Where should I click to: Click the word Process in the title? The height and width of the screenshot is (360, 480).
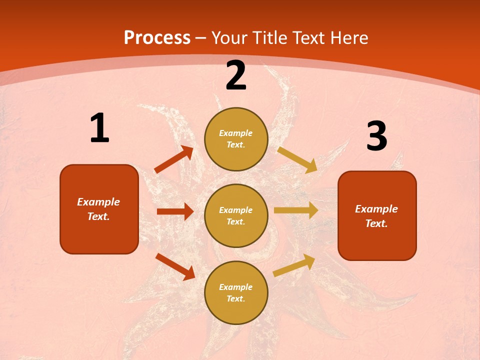157,38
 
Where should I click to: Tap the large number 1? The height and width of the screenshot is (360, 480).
99,128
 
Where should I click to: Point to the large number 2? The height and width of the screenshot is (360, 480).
236,75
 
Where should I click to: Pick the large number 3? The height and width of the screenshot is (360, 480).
376,136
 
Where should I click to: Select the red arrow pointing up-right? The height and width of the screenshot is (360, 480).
174,159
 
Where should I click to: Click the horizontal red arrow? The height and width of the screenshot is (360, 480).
175,211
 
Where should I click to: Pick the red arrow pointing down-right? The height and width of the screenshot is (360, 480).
175,266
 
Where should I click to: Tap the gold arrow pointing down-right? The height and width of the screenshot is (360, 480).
297,160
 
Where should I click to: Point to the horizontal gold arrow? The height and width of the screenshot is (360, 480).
296,210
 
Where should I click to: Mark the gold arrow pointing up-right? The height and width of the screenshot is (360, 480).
294,265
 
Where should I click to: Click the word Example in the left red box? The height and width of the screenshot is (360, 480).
98,202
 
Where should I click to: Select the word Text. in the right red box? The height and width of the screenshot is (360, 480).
376,223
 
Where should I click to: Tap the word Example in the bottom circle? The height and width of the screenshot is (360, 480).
236,287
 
